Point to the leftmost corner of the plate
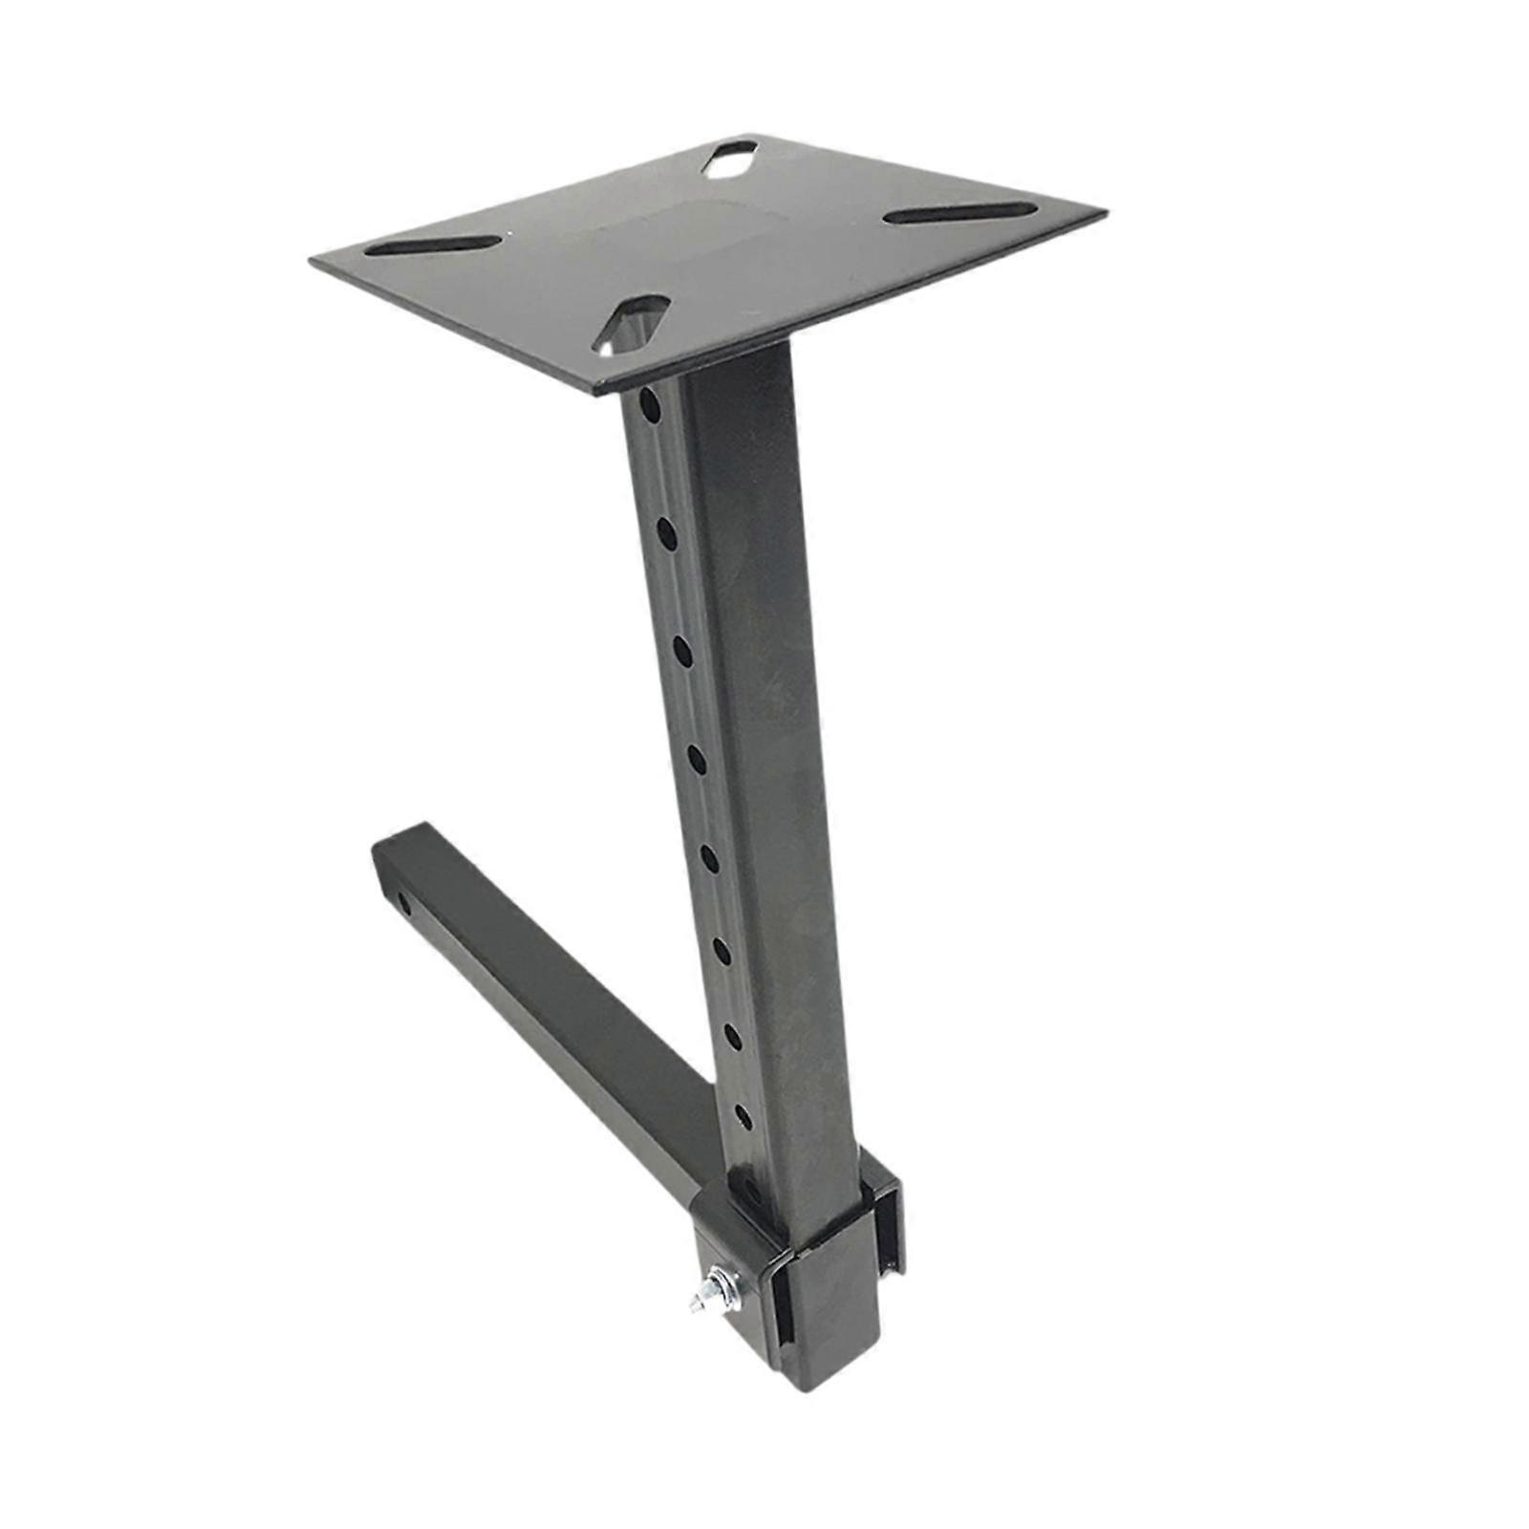312,260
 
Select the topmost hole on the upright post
650,405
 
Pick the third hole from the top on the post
682,650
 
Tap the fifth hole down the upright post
710,857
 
